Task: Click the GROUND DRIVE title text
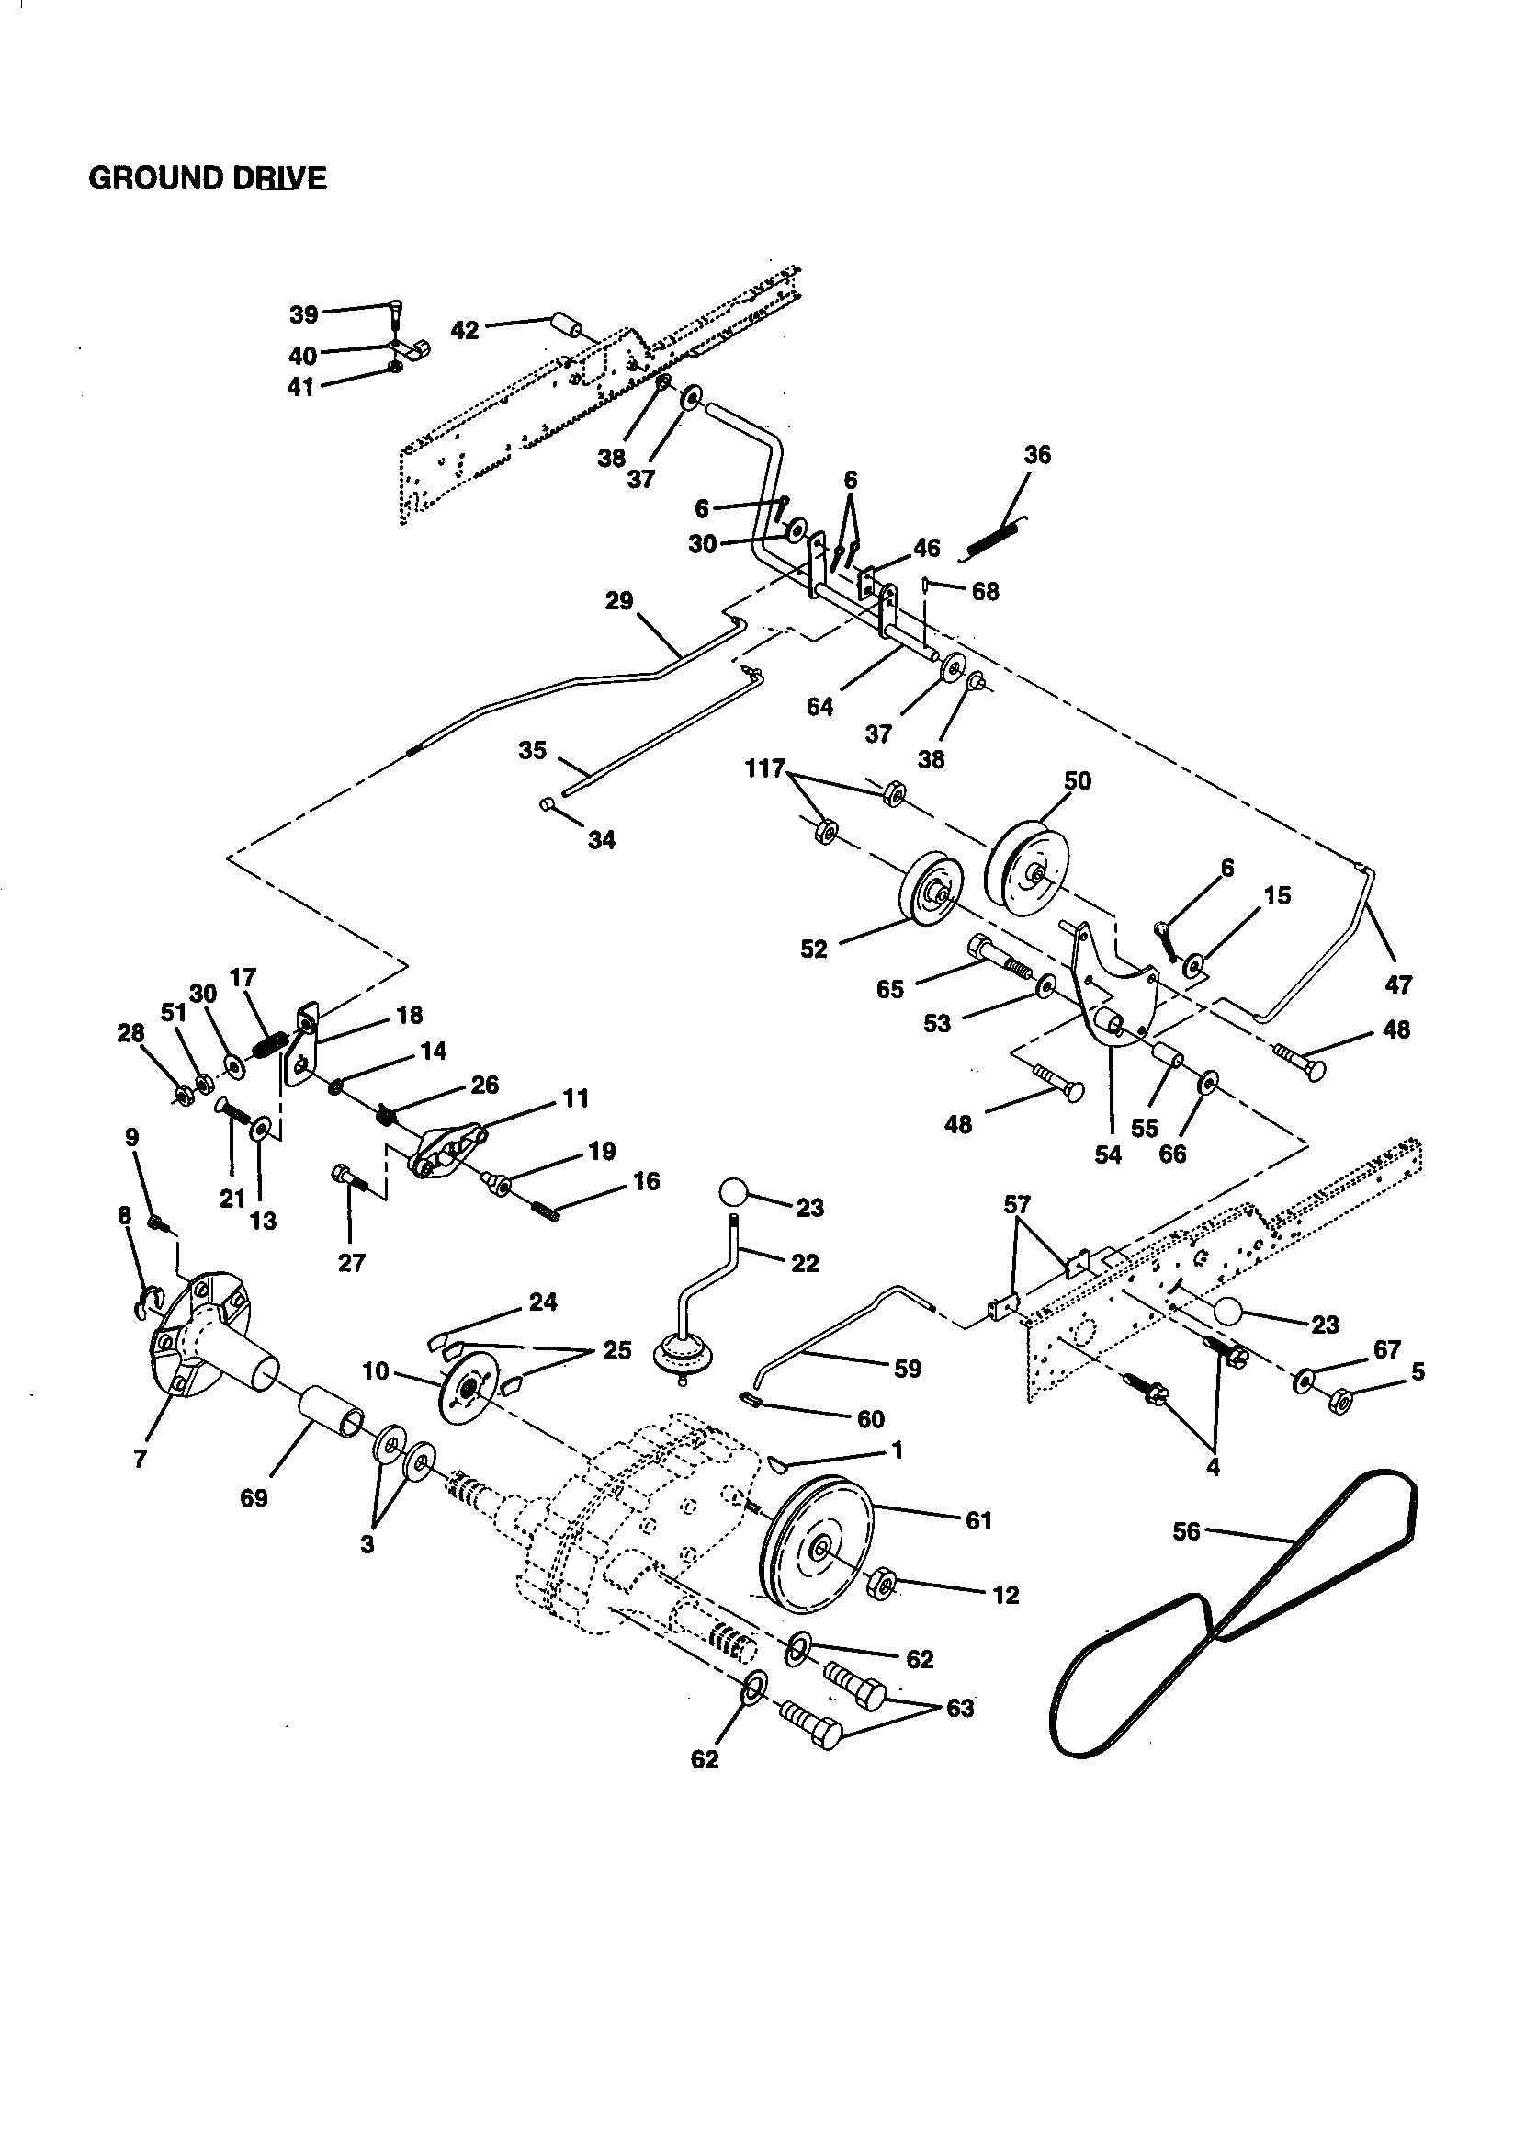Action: click(x=208, y=177)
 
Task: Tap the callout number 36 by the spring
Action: click(x=1037, y=456)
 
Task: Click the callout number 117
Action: click(x=763, y=769)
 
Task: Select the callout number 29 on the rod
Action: click(x=618, y=601)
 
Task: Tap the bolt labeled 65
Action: click(x=997, y=954)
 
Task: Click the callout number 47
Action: click(x=1398, y=984)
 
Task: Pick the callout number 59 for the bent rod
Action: click(x=907, y=1369)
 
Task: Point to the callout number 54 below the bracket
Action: click(x=1108, y=1154)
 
